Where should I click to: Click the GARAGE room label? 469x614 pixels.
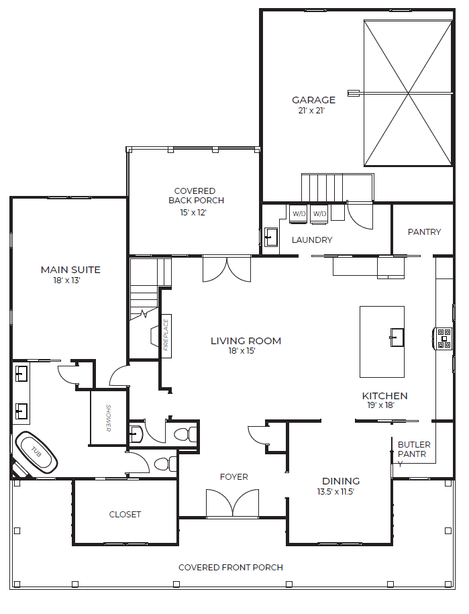(x=313, y=100)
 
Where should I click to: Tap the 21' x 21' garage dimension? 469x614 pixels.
(x=311, y=111)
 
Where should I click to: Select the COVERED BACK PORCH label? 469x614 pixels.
(x=196, y=196)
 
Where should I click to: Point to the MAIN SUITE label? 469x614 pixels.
(x=70, y=269)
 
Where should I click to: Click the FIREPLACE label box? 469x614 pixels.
(x=166, y=336)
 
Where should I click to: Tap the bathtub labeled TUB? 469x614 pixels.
(x=36, y=452)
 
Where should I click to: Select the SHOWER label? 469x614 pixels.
(x=109, y=418)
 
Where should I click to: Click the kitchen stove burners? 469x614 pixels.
(x=444, y=339)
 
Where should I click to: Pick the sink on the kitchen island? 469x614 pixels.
(x=397, y=337)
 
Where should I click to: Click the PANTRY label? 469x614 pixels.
(x=424, y=232)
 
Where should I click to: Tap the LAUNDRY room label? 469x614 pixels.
(x=312, y=240)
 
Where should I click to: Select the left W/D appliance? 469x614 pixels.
(x=299, y=214)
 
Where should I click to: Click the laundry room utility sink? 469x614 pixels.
(x=271, y=237)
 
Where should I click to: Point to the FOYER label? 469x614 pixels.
(x=234, y=477)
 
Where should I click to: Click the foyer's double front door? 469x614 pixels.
(x=233, y=504)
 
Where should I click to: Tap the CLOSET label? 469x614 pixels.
(x=125, y=514)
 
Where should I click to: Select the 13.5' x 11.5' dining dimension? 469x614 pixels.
(x=335, y=492)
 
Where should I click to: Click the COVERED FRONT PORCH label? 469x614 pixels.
(x=231, y=568)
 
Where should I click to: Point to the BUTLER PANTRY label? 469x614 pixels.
(x=414, y=454)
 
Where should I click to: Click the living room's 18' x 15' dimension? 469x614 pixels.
(x=242, y=351)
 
